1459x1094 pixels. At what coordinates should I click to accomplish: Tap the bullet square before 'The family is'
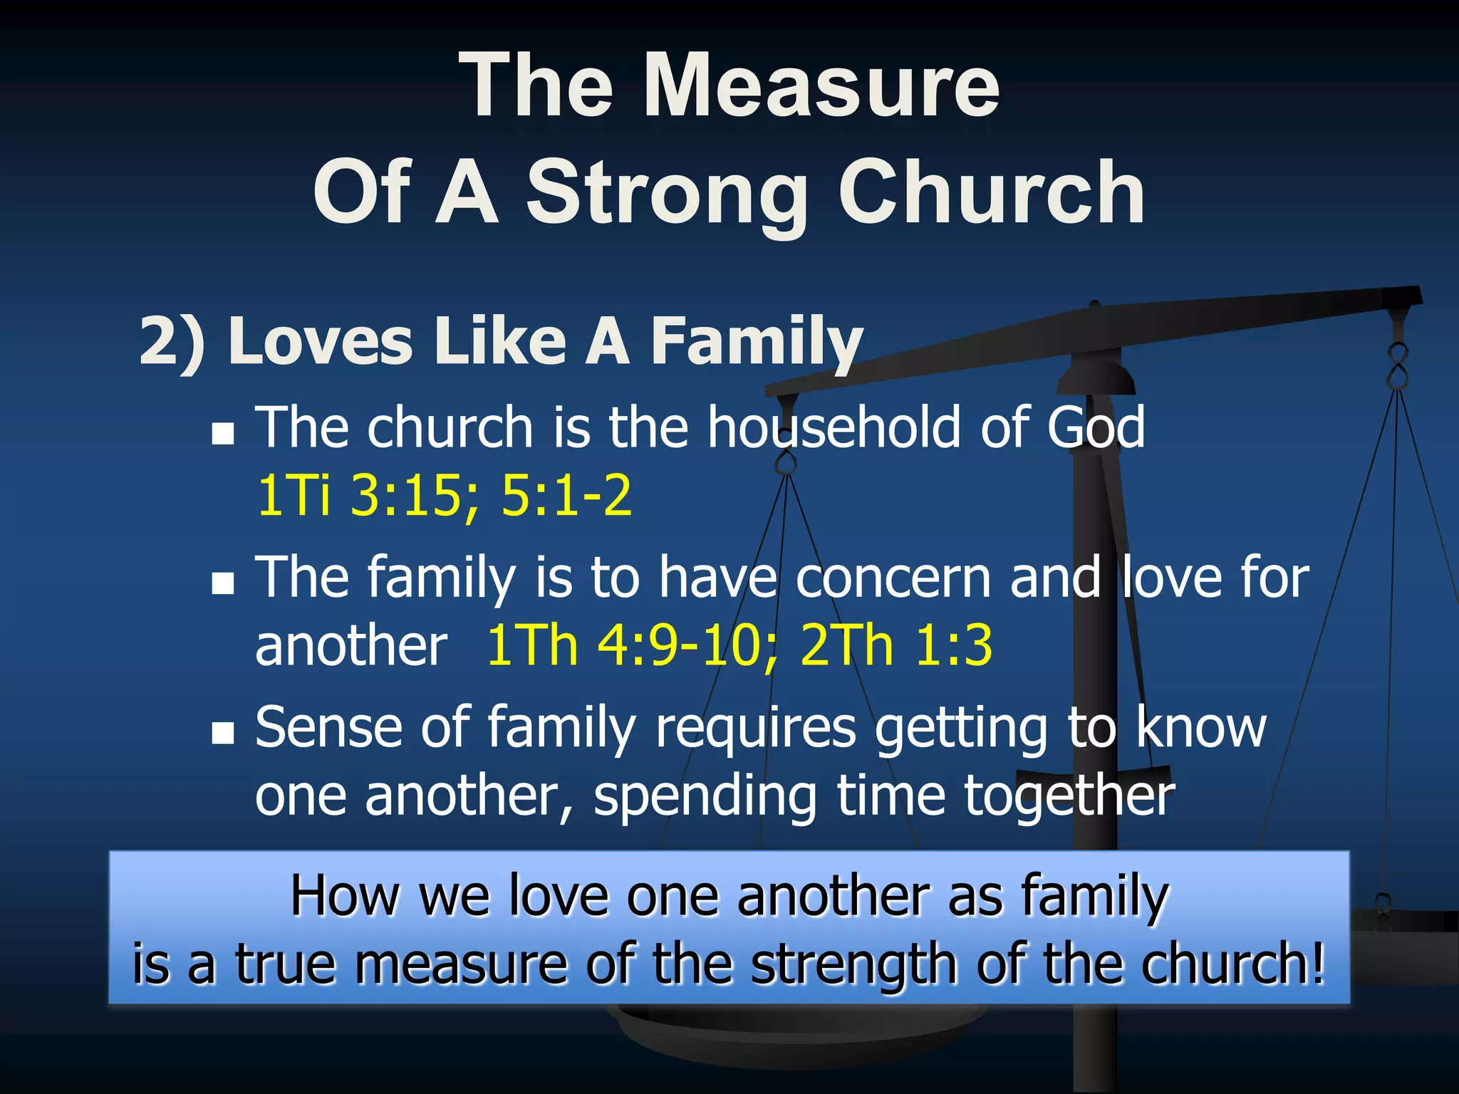[x=223, y=583]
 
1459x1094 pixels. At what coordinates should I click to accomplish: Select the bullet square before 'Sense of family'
[x=223, y=733]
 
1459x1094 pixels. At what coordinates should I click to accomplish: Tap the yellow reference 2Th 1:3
[x=896, y=645]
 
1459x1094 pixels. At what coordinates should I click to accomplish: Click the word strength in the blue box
[x=853, y=964]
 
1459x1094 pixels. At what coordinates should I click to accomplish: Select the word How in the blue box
[x=345, y=895]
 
